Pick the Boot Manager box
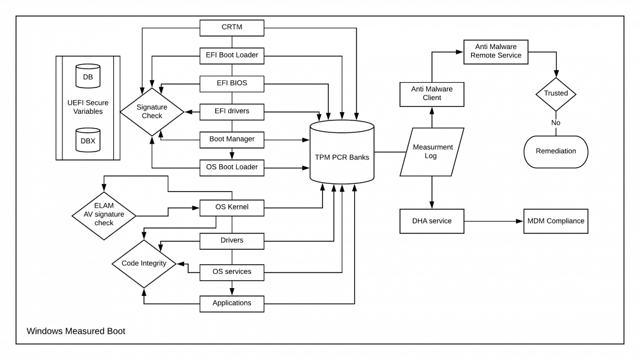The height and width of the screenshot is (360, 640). pyautogui.click(x=231, y=138)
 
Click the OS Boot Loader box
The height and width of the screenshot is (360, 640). pyautogui.click(x=231, y=167)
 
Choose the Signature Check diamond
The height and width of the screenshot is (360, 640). pyautogui.click(x=152, y=111)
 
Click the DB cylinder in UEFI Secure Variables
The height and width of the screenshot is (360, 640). pyautogui.click(x=87, y=76)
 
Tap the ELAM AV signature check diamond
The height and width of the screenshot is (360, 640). pyautogui.click(x=104, y=213)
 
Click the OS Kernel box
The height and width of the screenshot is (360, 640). pyautogui.click(x=231, y=208)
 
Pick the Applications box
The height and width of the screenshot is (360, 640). pyautogui.click(x=231, y=302)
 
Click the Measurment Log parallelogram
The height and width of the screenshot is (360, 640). pyautogui.click(x=431, y=152)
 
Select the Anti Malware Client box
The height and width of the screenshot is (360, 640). pyautogui.click(x=431, y=93)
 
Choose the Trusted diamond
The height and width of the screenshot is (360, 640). pyautogui.click(x=556, y=93)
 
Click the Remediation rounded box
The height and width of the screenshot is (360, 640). pyautogui.click(x=556, y=150)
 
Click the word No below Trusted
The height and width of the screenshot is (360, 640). pyautogui.click(x=556, y=123)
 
